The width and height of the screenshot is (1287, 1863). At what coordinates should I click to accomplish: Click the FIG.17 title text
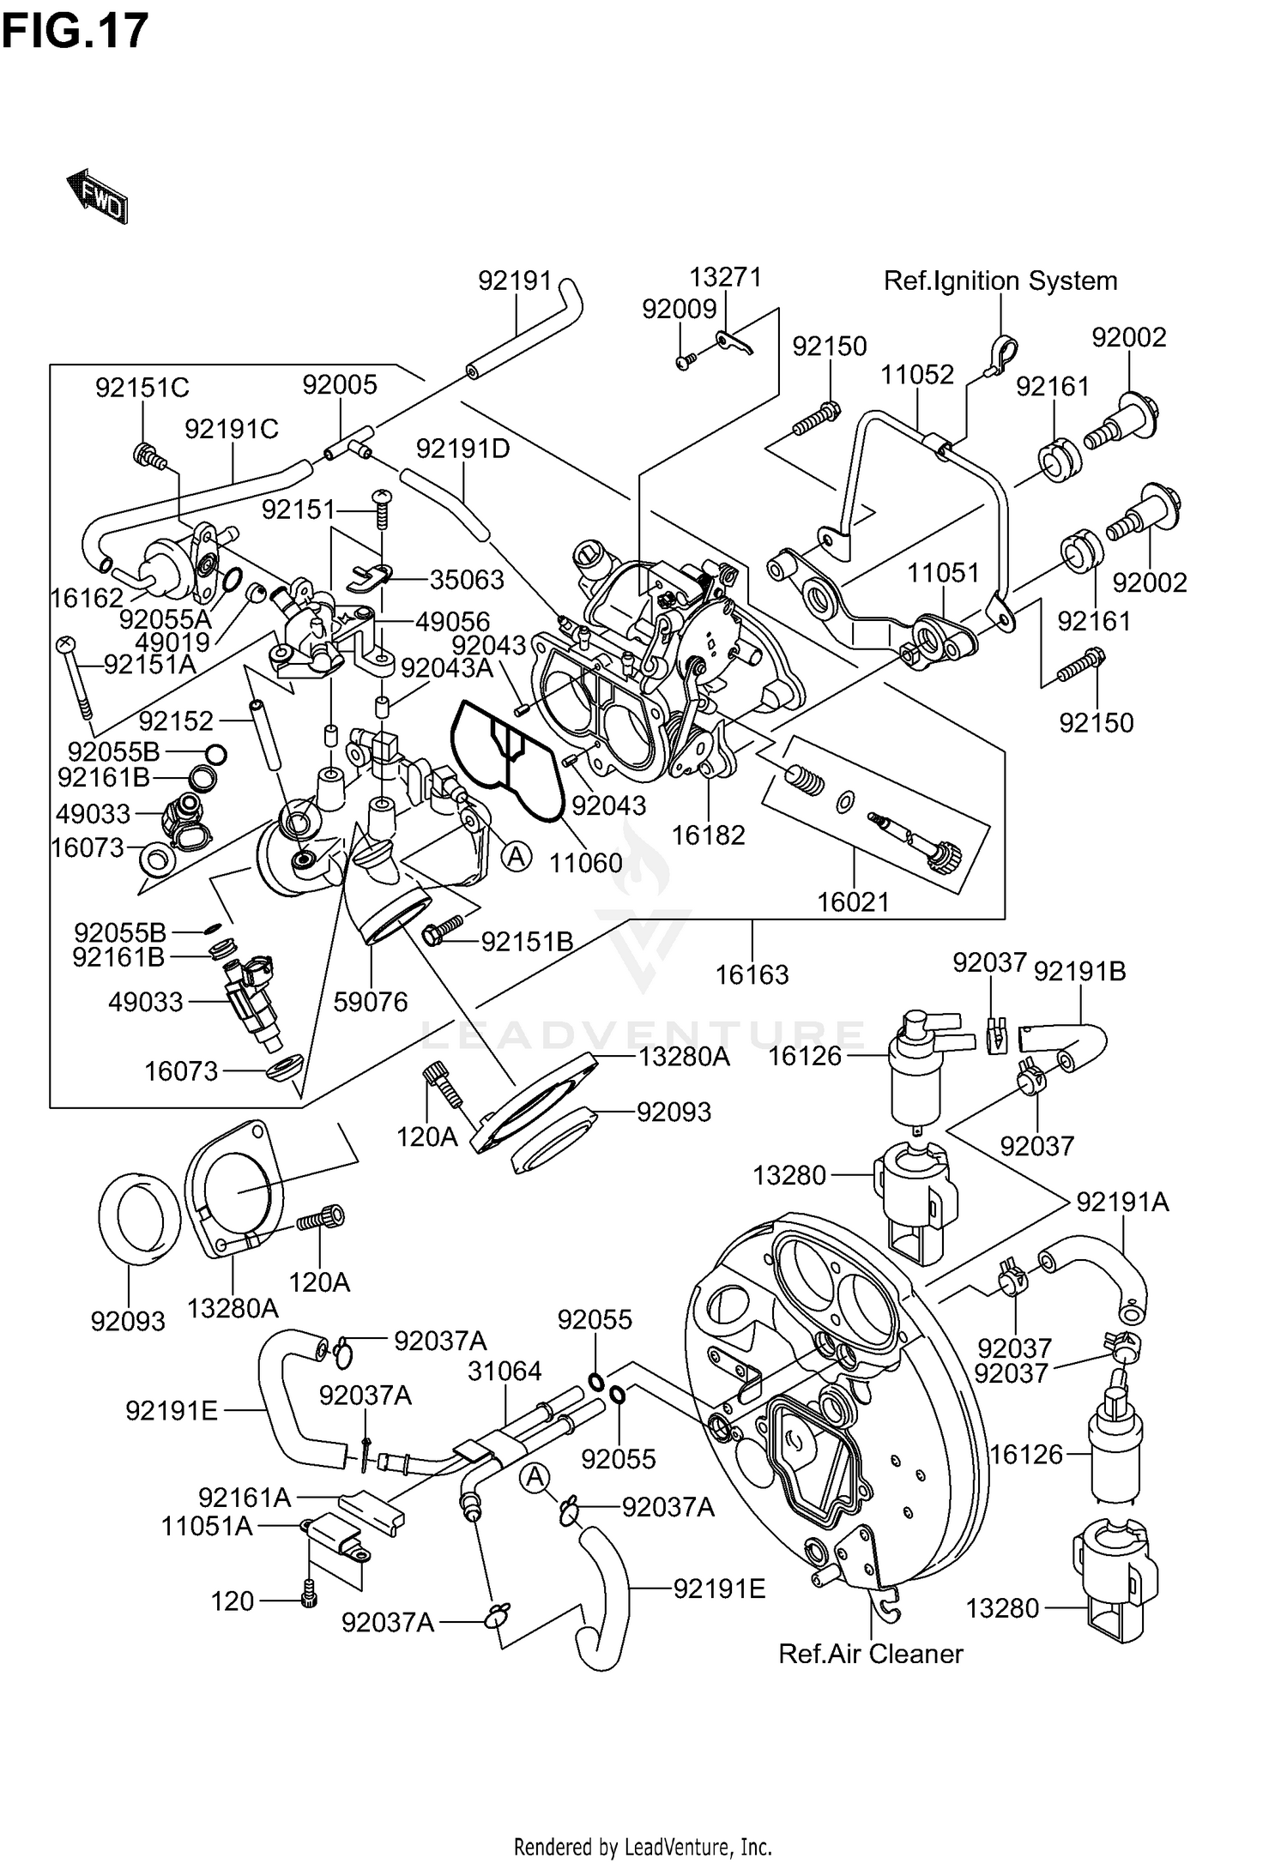(x=75, y=31)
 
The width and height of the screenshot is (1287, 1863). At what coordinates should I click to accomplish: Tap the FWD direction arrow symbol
(x=97, y=196)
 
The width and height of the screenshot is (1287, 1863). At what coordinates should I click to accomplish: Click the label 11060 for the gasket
(x=586, y=863)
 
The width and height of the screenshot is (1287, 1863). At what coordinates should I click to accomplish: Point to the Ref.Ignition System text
(x=1000, y=281)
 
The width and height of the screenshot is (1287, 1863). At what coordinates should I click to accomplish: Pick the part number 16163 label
(x=752, y=974)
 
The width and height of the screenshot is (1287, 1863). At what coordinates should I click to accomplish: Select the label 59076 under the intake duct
(x=371, y=1002)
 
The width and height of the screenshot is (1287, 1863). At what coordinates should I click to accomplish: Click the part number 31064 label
(x=505, y=1371)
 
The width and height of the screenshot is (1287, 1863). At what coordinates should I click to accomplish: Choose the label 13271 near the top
(x=726, y=278)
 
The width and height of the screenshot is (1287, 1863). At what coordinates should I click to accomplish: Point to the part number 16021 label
(x=853, y=902)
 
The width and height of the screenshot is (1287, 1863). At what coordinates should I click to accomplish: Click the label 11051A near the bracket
(x=207, y=1527)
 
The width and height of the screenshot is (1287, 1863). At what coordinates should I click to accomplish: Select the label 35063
(x=467, y=580)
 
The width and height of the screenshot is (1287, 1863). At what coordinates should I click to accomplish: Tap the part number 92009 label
(x=679, y=310)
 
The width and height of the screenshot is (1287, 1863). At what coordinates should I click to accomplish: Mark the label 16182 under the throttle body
(x=708, y=835)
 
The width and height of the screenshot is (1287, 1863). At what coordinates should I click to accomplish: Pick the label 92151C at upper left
(x=142, y=389)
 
